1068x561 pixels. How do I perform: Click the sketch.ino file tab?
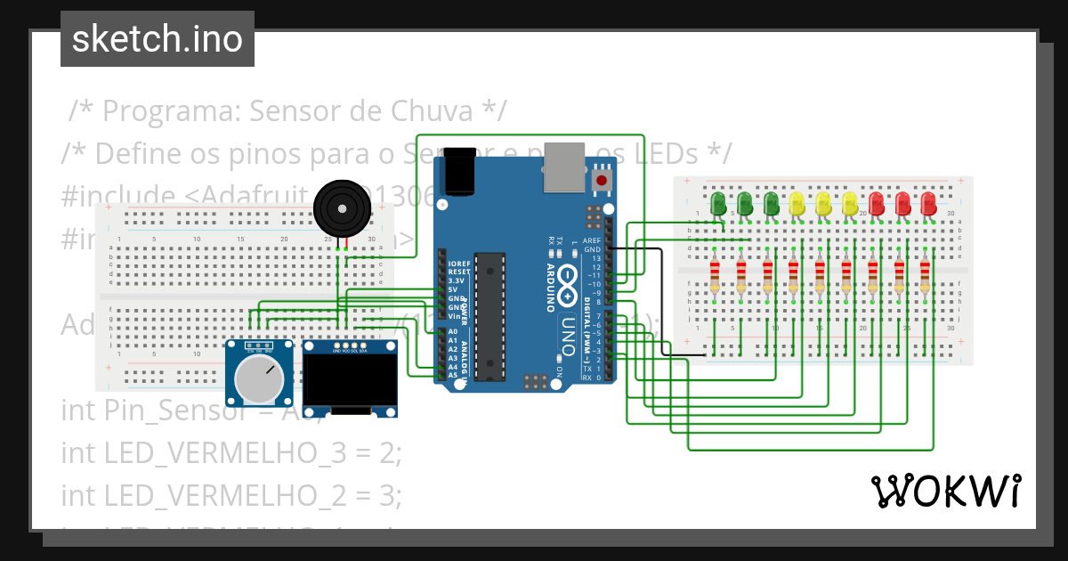(157, 39)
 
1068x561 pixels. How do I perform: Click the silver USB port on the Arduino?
(565, 167)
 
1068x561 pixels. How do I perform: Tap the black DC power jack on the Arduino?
(460, 171)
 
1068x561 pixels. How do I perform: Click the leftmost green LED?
(719, 202)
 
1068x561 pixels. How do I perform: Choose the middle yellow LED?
(823, 202)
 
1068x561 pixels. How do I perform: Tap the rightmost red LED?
(928, 202)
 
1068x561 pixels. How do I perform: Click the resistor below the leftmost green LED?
(715, 276)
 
